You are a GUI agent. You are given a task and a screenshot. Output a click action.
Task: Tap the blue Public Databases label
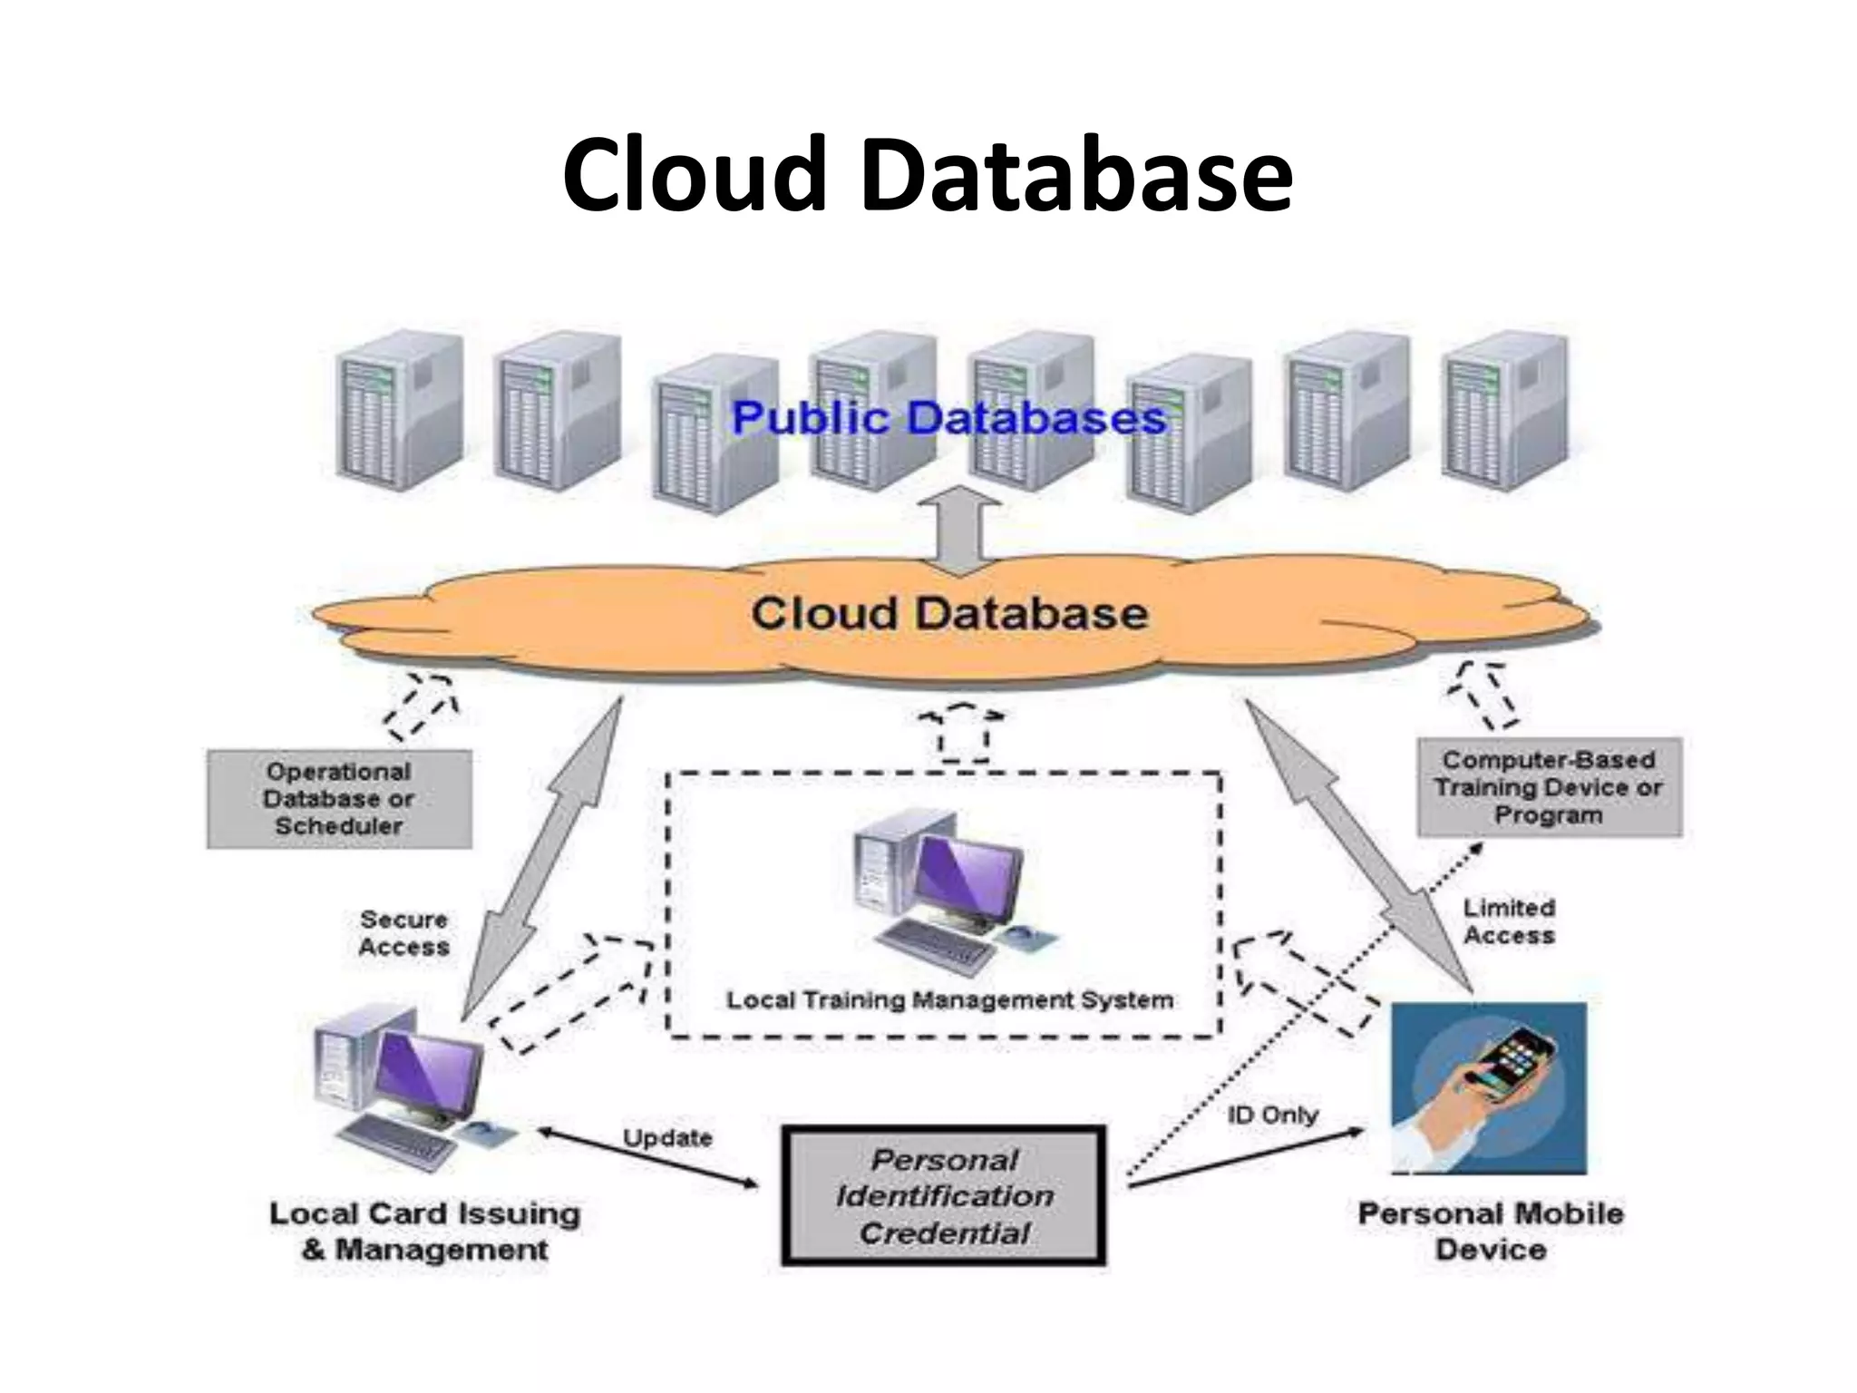[x=948, y=418]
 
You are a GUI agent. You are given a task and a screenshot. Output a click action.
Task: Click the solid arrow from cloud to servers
[x=967, y=535]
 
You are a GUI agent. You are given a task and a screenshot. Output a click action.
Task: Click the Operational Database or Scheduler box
[x=339, y=799]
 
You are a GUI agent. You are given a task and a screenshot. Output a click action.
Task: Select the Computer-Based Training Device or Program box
[x=1549, y=787]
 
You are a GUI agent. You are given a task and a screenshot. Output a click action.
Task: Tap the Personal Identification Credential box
[x=944, y=1196]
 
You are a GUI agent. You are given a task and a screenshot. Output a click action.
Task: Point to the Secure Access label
[x=403, y=933]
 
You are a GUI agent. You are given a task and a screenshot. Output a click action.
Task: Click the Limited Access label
[x=1509, y=921]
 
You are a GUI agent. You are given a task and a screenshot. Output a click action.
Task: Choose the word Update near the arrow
[x=667, y=1138]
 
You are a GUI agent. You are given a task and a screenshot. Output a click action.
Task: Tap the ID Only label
[x=1272, y=1115]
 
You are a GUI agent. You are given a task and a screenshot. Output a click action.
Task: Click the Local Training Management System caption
[x=949, y=1000]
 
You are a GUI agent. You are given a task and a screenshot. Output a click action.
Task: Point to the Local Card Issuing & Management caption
[x=424, y=1232]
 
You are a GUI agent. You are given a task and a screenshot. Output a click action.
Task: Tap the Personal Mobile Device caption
[x=1490, y=1232]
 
